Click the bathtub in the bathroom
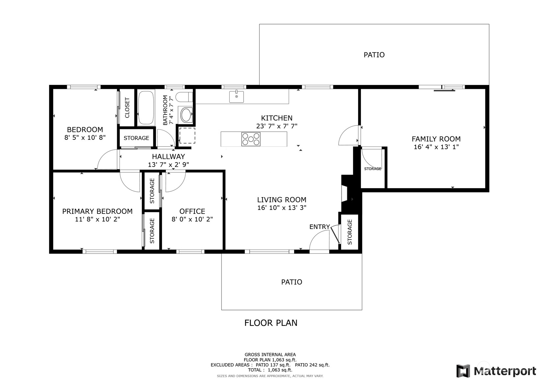point(146,108)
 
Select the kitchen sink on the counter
point(236,97)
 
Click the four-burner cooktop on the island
point(251,139)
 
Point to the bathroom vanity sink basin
point(186,115)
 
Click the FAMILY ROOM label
point(436,139)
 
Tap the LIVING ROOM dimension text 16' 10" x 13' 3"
point(282,208)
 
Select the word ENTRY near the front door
point(319,227)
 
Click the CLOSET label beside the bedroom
point(127,108)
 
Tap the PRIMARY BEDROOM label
point(97,211)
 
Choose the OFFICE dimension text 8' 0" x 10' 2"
point(192,219)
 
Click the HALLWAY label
point(168,157)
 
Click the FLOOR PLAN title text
point(271,323)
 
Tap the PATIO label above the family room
point(374,55)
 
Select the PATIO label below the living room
point(292,282)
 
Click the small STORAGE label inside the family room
point(373,169)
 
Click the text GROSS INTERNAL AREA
point(270,354)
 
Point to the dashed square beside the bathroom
point(187,136)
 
